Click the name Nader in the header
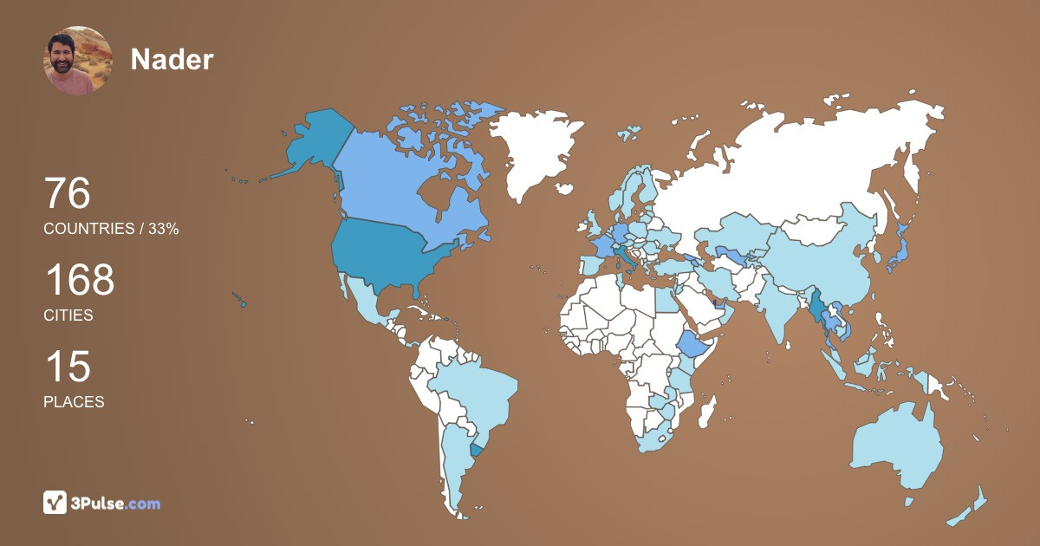172,59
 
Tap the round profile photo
78,60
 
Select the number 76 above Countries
67,193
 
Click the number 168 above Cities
79,281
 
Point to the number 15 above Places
67,367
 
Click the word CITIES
68,315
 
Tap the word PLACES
74,402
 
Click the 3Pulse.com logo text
116,503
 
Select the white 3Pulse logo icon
55,503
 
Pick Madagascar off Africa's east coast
709,411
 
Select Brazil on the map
472,390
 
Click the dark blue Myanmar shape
817,308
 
